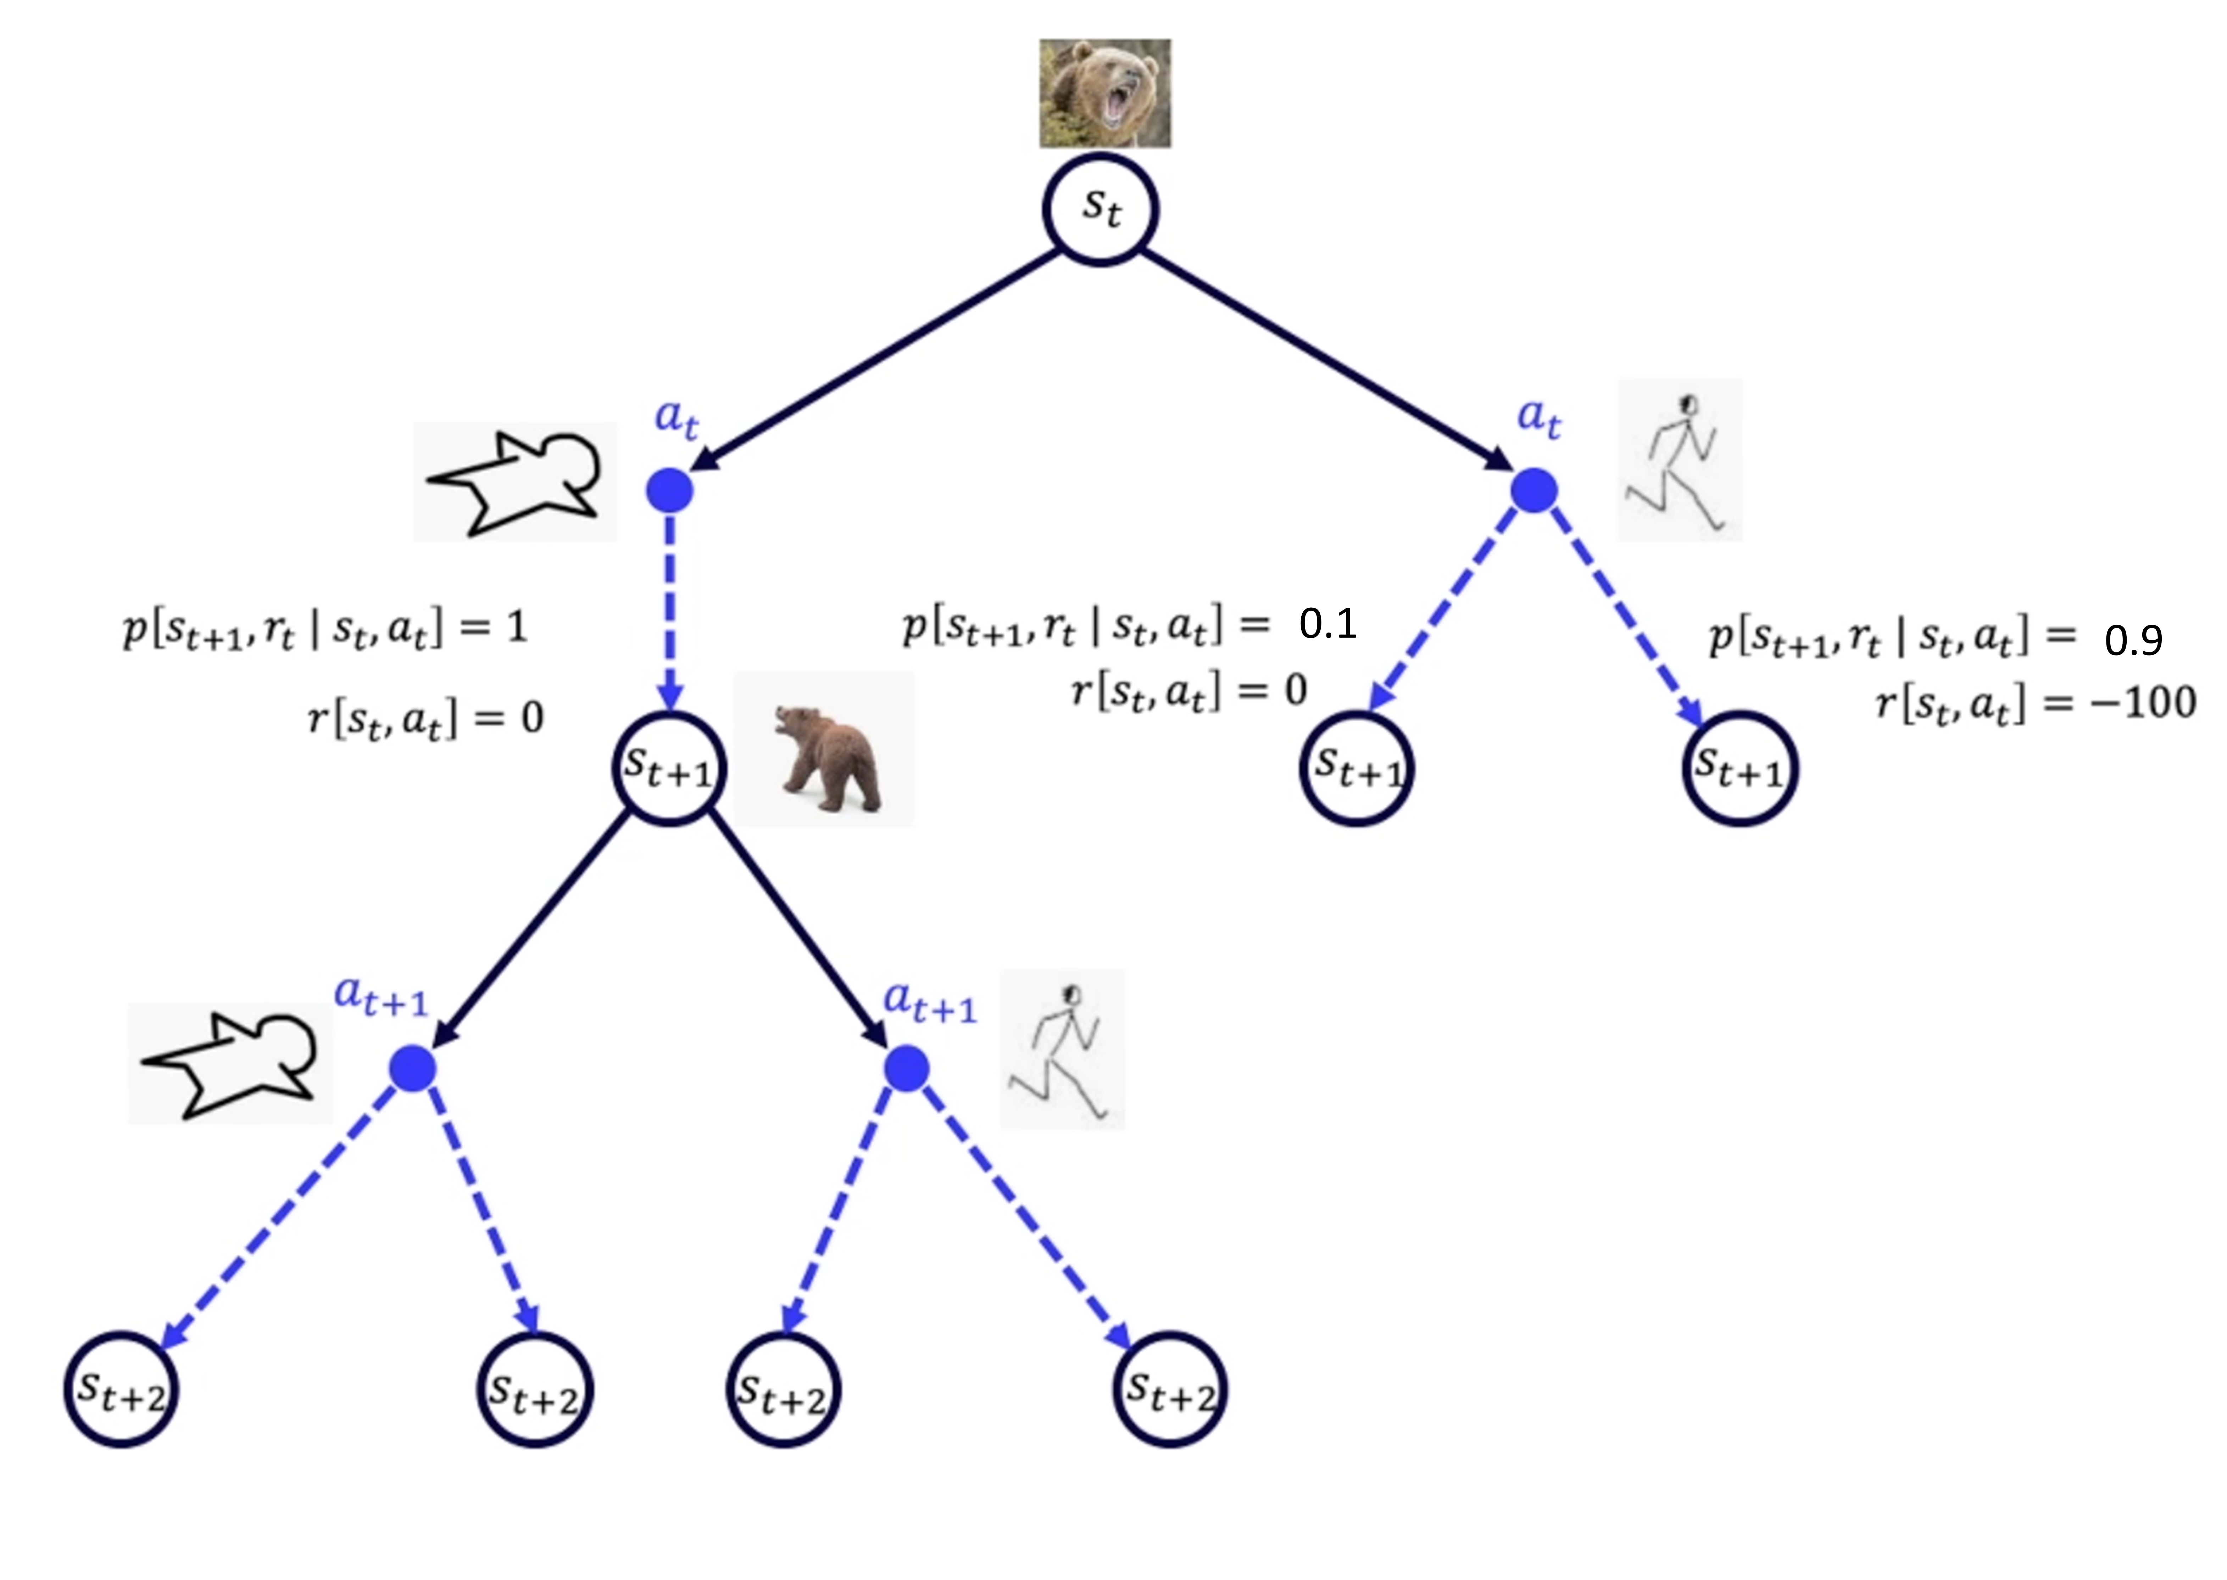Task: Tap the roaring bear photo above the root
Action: [1105, 94]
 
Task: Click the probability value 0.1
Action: [1327, 624]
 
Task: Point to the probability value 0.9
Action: [2133, 640]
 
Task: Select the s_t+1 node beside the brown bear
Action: [669, 769]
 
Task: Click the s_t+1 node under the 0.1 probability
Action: [1357, 769]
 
